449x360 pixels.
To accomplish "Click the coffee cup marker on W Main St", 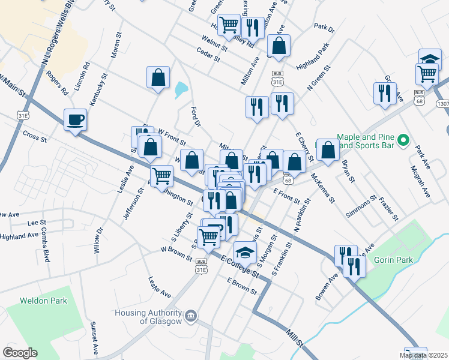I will [x=75, y=119].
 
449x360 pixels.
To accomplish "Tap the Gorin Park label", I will [x=392, y=260].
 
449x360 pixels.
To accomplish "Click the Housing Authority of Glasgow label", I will [x=148, y=317].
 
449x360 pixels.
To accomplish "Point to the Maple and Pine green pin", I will [x=404, y=142].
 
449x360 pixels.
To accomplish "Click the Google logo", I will [x=20, y=353].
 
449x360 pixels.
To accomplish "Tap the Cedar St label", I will [x=208, y=55].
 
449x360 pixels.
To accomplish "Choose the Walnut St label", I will [x=214, y=42].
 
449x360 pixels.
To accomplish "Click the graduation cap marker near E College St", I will [x=244, y=251].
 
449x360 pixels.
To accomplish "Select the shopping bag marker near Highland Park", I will [x=279, y=45].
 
